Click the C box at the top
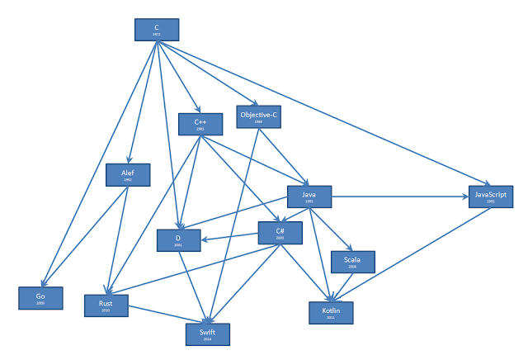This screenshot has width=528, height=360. [x=157, y=29]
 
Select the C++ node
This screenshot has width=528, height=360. [x=200, y=124]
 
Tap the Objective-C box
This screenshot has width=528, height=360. [x=258, y=116]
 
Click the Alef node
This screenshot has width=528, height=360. [x=129, y=175]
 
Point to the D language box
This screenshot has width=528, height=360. [x=179, y=239]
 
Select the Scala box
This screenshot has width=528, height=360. [x=352, y=262]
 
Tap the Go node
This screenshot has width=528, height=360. [x=40, y=297]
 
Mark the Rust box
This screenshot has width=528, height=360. [x=107, y=305]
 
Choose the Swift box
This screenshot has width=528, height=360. [x=208, y=334]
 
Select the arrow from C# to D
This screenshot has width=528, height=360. [x=231, y=238]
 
